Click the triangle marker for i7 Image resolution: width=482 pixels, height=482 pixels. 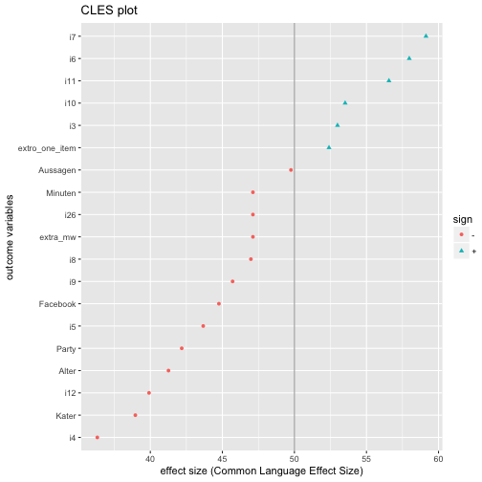pyautogui.click(x=426, y=36)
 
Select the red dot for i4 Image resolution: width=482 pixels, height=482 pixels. pyautogui.click(x=98, y=437)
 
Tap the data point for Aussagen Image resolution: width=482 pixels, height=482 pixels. pyautogui.click(x=291, y=170)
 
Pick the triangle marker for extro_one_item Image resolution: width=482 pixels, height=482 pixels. pyautogui.click(x=329, y=147)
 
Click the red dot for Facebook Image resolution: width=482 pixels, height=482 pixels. pyautogui.click(x=219, y=304)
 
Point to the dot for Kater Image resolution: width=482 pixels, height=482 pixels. pyautogui.click(x=135, y=415)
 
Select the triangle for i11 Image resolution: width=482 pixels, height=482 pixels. pyautogui.click(x=388, y=80)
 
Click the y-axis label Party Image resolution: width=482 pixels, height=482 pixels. pyautogui.click(x=66, y=349)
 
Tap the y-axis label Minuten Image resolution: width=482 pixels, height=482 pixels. pyautogui.click(x=61, y=193)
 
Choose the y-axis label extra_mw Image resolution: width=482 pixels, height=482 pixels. pyautogui.click(x=57, y=237)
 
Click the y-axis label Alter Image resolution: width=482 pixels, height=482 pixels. pyautogui.click(x=67, y=371)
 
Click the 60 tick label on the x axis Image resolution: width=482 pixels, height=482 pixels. pyautogui.click(x=438, y=459)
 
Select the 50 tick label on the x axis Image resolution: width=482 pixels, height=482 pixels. pyautogui.click(x=295, y=459)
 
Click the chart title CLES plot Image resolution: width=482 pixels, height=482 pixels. pyautogui.click(x=109, y=11)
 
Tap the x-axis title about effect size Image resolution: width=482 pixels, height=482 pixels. pyautogui.click(x=261, y=471)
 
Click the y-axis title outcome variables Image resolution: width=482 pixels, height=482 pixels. pyautogui.click(x=10, y=237)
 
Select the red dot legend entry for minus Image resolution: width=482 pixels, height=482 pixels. pyautogui.click(x=461, y=234)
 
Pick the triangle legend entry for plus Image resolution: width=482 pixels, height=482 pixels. pyautogui.click(x=461, y=251)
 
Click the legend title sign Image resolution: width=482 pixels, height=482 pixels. pyautogui.click(x=463, y=220)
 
